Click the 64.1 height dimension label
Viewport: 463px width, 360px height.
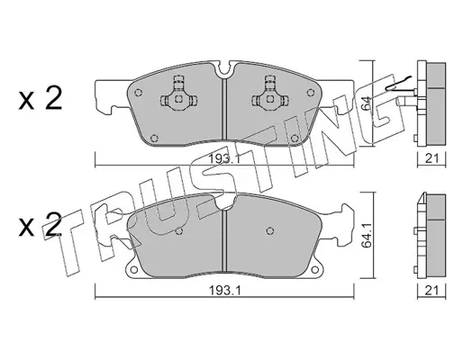[x=367, y=236]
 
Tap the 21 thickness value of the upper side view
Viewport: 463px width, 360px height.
[x=431, y=158]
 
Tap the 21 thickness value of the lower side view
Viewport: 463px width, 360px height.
[x=431, y=290]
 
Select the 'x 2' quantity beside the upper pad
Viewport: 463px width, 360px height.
[x=40, y=98]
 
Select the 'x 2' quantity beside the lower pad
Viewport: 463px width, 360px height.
[x=40, y=225]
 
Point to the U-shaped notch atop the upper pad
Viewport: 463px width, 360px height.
[x=225, y=69]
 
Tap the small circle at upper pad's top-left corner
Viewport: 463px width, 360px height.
[x=138, y=93]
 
